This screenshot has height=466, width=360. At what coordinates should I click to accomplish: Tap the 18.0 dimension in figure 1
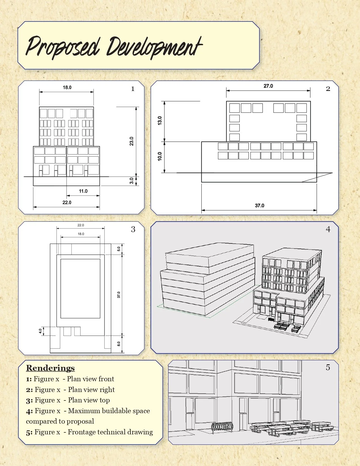coord(67,88)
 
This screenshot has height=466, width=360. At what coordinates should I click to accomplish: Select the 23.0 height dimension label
coord(132,141)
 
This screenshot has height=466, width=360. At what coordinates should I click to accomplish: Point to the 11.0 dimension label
coord(83,191)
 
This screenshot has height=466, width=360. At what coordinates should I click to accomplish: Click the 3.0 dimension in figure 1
coord(132,181)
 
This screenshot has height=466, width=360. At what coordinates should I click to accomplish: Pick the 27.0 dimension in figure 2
coord(268,86)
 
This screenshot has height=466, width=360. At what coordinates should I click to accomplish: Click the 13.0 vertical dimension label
coord(160,121)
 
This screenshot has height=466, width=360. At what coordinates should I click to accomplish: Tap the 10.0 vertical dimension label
coord(160,156)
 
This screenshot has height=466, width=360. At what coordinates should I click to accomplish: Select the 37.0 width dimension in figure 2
coord(259,206)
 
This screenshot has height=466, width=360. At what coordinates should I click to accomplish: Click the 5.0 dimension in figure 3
coord(119,249)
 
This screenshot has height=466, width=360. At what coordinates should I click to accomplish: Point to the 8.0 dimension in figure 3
coord(119,344)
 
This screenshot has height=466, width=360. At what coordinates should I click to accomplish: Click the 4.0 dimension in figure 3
coord(40,331)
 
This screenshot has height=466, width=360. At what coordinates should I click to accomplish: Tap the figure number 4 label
coord(328,229)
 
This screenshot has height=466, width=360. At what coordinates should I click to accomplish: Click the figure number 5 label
coord(328,367)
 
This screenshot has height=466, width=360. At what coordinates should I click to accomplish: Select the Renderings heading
coord(50,368)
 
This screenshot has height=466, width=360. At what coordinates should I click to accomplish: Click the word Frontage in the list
coord(82,432)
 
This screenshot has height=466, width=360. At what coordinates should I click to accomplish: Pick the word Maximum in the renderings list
coord(84,411)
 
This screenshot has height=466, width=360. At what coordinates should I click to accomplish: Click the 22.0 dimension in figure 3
coord(80,225)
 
